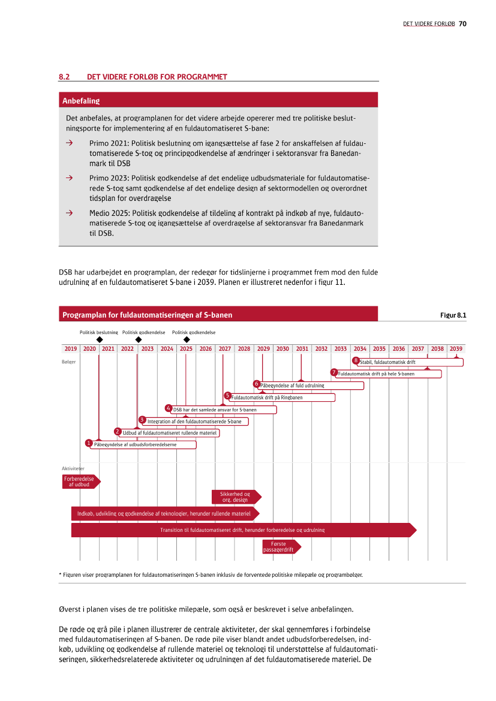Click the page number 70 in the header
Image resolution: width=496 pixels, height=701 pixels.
[463, 24]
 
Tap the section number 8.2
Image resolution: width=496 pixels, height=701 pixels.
[65, 77]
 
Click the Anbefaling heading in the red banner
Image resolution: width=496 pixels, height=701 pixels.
[81, 101]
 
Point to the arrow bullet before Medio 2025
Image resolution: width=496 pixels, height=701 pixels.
[70, 213]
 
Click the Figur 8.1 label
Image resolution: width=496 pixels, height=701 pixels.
[453, 315]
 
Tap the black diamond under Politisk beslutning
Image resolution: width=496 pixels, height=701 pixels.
[99, 339]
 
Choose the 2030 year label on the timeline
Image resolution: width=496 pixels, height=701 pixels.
[282, 348]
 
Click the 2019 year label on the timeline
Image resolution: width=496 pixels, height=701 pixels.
[71, 348]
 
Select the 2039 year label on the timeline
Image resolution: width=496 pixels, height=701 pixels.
[456, 348]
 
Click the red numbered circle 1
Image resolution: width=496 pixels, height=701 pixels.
[89, 443]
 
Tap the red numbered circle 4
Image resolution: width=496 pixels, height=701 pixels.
[169, 408]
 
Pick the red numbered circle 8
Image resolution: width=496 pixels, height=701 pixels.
[356, 360]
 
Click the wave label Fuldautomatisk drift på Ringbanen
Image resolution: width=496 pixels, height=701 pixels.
[267, 398]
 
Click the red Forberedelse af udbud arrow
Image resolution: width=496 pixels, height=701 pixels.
[80, 482]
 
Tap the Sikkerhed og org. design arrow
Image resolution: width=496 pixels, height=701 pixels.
[236, 497]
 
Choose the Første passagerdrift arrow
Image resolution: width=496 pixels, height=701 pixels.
[281, 546]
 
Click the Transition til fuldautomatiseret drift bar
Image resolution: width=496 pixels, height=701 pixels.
[242, 530]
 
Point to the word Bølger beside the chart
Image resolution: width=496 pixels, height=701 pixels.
[68, 362]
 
